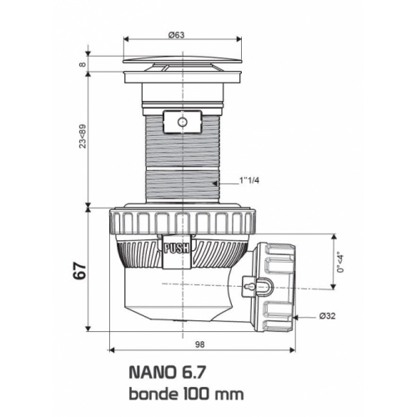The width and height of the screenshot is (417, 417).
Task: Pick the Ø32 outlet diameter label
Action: pyautogui.click(x=327, y=315)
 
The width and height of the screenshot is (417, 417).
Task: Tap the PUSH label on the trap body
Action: pyautogui.click(x=176, y=247)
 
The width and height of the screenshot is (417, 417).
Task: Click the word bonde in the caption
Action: pyautogui.click(x=151, y=393)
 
